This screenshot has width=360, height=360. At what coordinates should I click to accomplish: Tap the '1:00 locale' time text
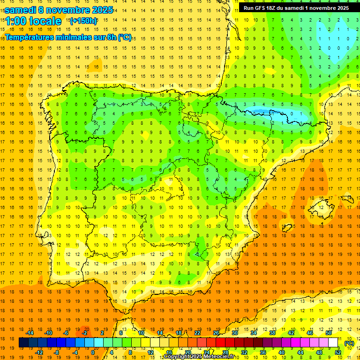pos(33,21)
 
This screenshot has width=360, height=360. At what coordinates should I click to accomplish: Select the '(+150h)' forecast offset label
pos(83,21)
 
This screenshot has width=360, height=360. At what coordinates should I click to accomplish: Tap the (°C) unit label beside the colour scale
pos(349,343)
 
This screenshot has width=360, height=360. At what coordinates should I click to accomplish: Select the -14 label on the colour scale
pos(29,333)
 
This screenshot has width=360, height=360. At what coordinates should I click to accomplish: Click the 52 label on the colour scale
pos(338,352)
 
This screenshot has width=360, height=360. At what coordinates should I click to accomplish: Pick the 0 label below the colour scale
pos(93,352)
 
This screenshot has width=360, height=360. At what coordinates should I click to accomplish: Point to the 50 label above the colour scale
pos(329,333)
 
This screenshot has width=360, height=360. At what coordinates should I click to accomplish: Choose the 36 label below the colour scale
pos(263,352)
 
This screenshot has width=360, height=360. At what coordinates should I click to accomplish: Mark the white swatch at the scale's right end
pos(333,343)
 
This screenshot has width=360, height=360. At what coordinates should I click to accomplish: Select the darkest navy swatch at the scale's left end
pos(23,343)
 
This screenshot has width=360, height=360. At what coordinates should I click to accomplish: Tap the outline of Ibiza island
pos(287,228)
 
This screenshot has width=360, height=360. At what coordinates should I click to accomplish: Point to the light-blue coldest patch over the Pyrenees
pos(262,112)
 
